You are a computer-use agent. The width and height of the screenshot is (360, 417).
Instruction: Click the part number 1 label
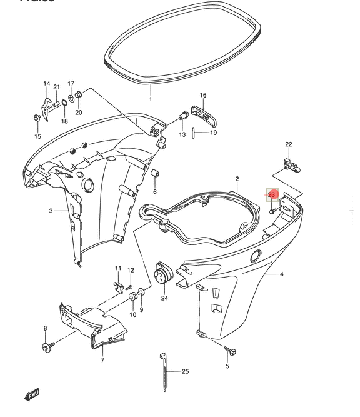coord(150,99)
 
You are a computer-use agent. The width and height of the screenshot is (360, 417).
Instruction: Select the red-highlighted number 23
coord(272,194)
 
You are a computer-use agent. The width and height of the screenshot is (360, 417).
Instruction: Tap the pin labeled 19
coord(195,132)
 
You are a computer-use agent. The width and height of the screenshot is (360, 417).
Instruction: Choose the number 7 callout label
coord(102,361)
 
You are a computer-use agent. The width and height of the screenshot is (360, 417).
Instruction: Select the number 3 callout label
coord(51,211)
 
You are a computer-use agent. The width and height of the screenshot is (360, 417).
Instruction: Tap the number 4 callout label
coord(281,274)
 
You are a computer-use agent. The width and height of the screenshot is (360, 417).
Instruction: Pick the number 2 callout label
coord(237,179)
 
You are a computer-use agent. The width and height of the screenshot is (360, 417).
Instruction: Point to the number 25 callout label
coord(185,372)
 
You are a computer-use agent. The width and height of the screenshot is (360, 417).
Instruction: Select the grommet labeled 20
coord(79,95)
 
